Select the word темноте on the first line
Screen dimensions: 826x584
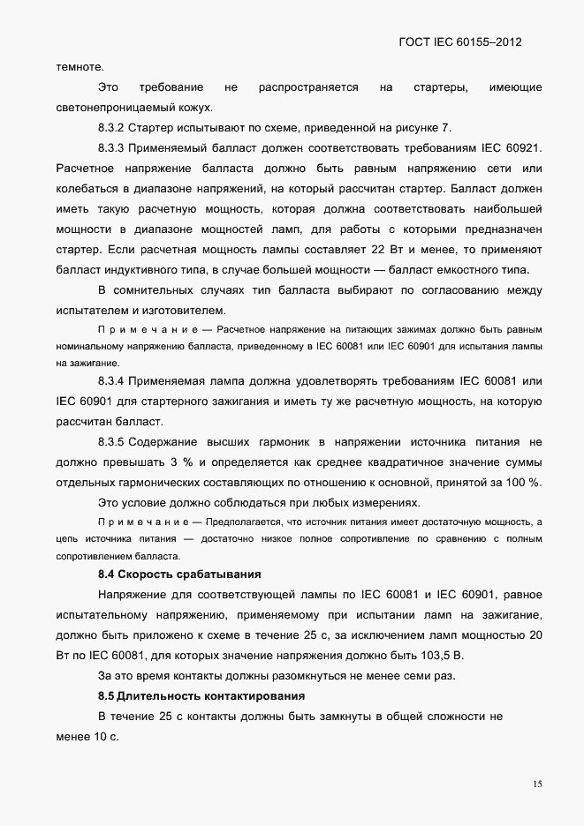80,65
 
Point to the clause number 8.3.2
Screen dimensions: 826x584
115,127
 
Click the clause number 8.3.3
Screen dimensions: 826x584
115,147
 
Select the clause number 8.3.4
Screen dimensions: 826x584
115,381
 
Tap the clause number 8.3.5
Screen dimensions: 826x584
115,440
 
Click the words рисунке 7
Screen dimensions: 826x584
417,127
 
